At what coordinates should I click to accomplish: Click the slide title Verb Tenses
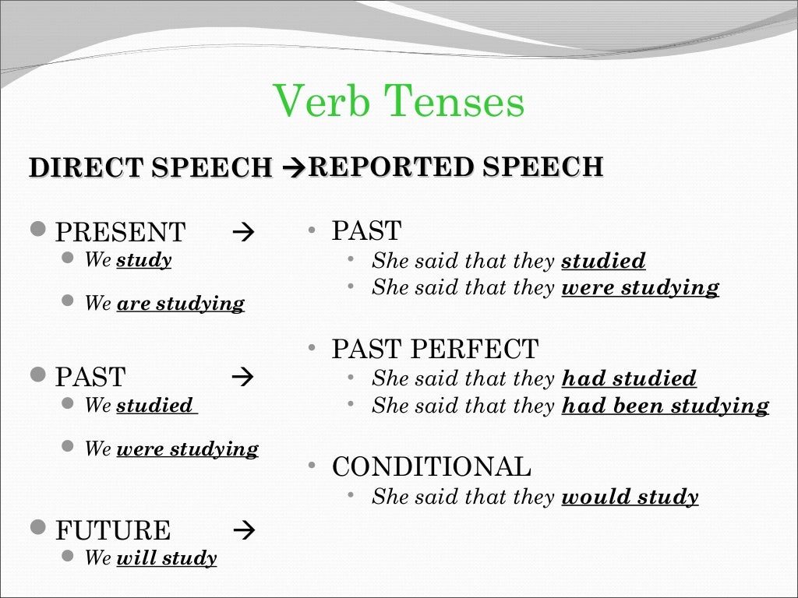[x=400, y=104]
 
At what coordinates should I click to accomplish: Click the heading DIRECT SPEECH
[x=150, y=168]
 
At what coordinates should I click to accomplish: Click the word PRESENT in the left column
[x=121, y=232]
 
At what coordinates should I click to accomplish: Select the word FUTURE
[x=112, y=531]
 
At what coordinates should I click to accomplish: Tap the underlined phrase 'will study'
[x=166, y=558]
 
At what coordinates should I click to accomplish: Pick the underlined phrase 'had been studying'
[x=665, y=406]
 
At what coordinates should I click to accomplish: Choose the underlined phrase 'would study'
[x=630, y=497]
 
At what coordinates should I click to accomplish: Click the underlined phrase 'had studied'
[x=629, y=379]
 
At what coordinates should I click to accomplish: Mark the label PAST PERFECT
[x=435, y=349]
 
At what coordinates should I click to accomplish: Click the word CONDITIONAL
[x=432, y=467]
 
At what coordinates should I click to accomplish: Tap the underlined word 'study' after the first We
[x=144, y=259]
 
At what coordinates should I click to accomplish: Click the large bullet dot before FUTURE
[x=38, y=530]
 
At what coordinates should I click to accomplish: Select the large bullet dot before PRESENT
[x=38, y=231]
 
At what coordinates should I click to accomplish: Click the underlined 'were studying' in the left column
[x=187, y=448]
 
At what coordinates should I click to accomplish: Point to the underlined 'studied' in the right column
[x=603, y=261]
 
